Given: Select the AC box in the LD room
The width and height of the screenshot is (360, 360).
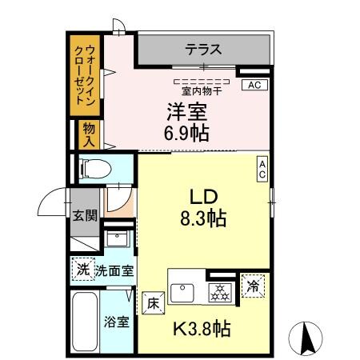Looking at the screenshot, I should coord(262,169).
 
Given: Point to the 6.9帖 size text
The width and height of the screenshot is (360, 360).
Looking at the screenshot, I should coord(187,133).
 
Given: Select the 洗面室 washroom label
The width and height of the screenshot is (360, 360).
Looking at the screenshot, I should coord(114,271).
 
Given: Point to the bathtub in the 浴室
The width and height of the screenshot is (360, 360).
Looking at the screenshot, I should coord(85,324).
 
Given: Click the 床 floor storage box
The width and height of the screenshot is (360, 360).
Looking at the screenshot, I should coord(154,302).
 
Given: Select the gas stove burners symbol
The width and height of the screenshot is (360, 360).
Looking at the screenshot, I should coord(218,293).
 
